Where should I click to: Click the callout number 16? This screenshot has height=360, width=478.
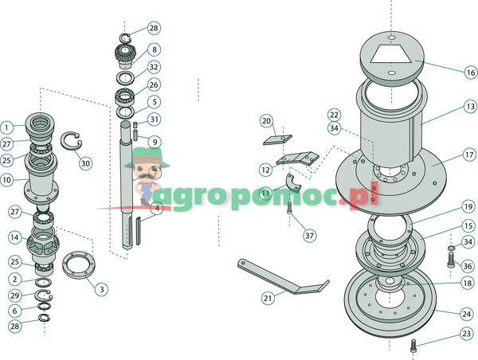470,72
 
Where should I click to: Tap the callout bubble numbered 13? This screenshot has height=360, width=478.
470,107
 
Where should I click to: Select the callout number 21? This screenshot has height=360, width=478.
268,298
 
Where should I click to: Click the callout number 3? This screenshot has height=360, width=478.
101,289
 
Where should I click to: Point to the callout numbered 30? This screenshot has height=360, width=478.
85,163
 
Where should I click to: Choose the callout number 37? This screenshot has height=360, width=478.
309,236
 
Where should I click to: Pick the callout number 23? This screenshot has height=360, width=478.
466,334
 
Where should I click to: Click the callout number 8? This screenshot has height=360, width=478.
155,49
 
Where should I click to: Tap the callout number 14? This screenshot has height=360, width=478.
14,237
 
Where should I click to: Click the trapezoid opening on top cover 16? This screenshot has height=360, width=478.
390,54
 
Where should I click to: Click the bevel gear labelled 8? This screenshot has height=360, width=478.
124,56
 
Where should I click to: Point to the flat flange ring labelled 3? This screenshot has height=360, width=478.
79,265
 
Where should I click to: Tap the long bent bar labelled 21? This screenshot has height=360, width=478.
284,277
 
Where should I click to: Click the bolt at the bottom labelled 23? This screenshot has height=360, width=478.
413,346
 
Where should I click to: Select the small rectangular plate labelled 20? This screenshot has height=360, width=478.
278,139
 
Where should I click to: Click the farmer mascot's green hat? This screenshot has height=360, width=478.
147,158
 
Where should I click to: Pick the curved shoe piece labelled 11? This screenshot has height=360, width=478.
293,183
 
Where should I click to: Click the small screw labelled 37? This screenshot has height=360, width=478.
290,208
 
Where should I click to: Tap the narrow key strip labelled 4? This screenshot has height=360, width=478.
138,231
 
